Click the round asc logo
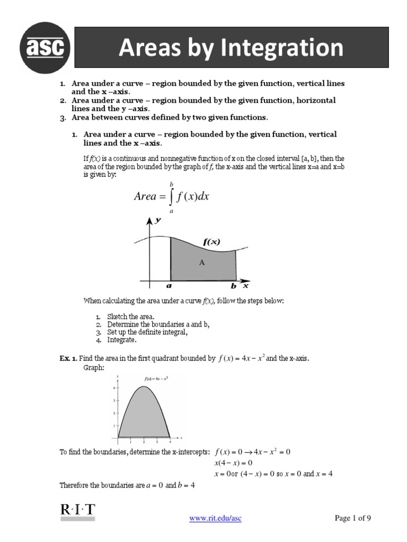(x=45, y=49)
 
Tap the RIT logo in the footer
(x=77, y=511)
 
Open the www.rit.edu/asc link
(x=215, y=518)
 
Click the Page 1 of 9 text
(x=353, y=518)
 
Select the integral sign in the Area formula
(x=172, y=197)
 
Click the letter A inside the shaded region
(x=201, y=262)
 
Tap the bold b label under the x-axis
(x=234, y=286)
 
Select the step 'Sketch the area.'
(x=130, y=317)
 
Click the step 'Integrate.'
(x=121, y=340)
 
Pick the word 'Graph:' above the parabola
(x=94, y=367)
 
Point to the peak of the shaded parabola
(x=144, y=387)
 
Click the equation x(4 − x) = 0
(x=233, y=463)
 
